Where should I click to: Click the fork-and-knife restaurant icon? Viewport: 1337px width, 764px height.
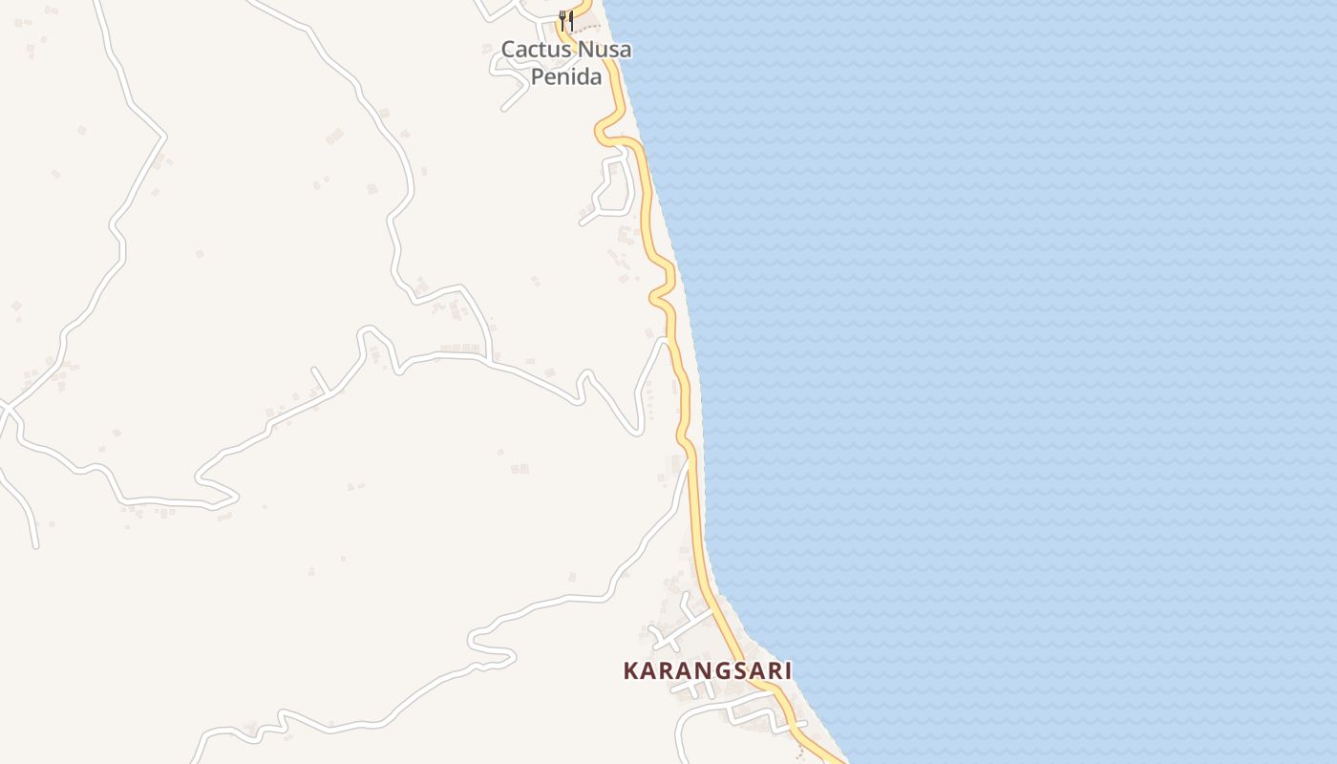566,20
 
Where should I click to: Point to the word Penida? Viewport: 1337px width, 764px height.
566,76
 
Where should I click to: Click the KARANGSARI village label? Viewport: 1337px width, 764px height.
707,671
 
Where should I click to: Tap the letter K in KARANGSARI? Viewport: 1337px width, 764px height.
630,671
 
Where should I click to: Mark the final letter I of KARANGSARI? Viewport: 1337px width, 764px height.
788,671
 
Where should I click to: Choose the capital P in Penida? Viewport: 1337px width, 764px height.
538,76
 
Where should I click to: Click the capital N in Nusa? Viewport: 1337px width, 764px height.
584,50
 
